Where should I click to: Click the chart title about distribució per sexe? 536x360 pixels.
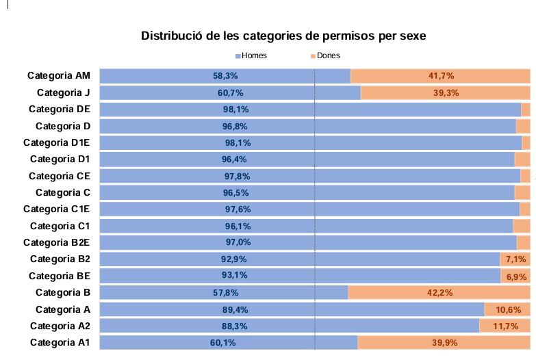click(288, 36)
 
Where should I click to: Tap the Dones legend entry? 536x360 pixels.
click(325, 56)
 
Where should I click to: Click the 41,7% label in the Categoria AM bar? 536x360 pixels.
click(441, 76)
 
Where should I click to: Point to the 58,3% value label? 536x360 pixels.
click(225, 76)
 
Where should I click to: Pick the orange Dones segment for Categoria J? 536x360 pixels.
click(445, 93)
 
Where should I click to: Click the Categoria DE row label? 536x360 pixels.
click(60, 110)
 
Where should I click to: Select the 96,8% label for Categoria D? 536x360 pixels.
click(235, 127)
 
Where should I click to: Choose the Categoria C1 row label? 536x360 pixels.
click(60, 226)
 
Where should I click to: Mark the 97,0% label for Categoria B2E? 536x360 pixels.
click(238, 242)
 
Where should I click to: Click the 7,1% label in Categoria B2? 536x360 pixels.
click(515, 259)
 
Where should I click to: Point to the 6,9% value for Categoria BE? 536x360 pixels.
click(516, 276)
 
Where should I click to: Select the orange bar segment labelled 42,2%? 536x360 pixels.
click(439, 293)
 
